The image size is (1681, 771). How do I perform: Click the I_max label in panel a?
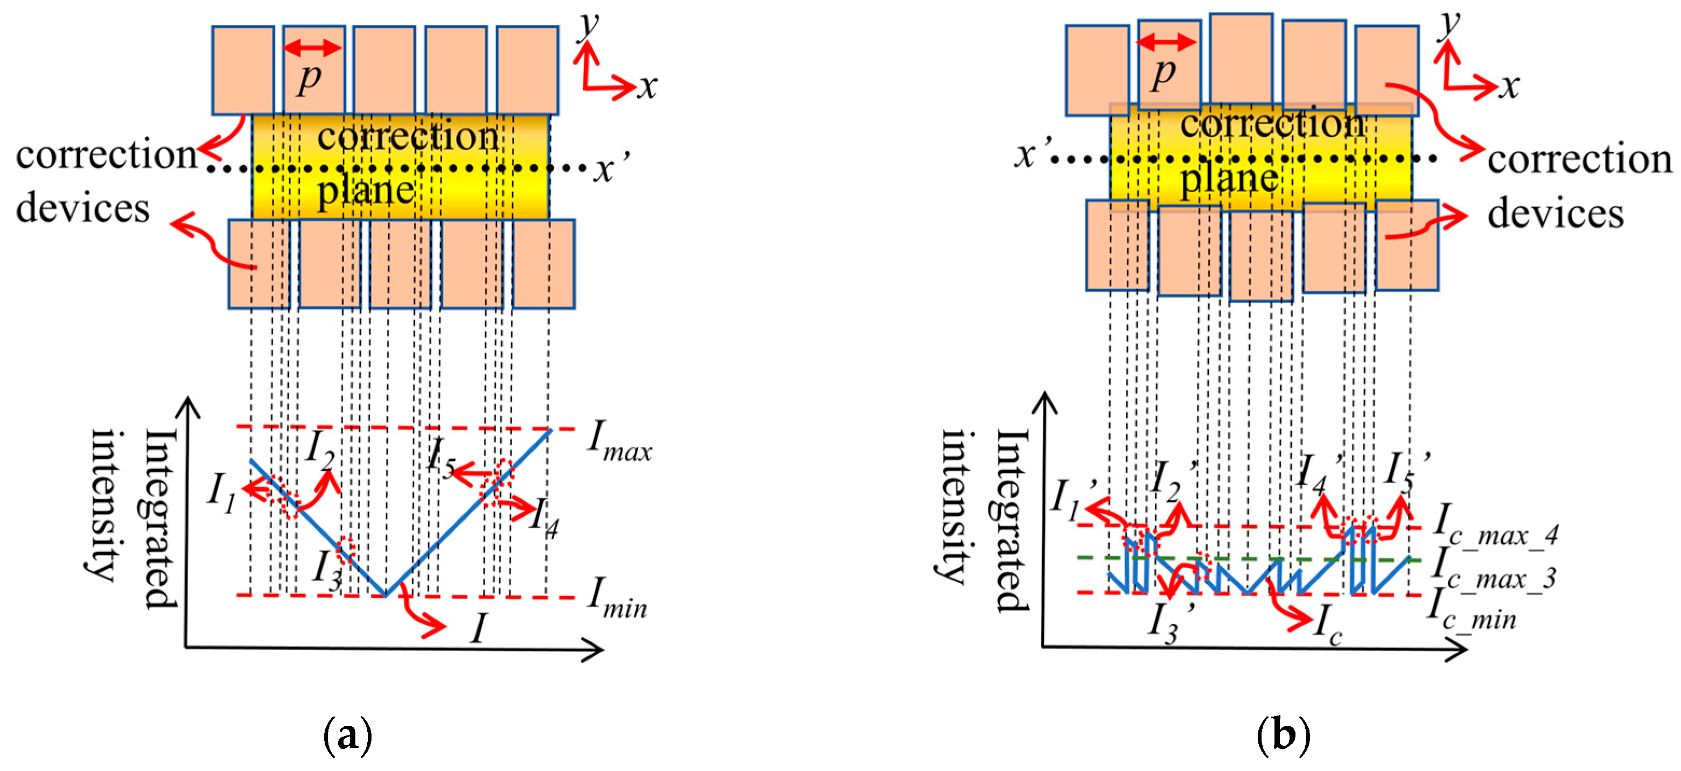619,441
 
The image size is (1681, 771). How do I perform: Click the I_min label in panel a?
617,599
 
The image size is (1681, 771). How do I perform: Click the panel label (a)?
348,736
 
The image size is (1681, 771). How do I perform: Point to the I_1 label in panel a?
222,493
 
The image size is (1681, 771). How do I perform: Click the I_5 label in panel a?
441,457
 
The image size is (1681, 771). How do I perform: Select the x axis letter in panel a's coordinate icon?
647,87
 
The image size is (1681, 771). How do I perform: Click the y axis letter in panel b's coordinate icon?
1451,25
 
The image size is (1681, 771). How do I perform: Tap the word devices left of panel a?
83,209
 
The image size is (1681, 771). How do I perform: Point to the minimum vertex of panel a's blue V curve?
386,595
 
